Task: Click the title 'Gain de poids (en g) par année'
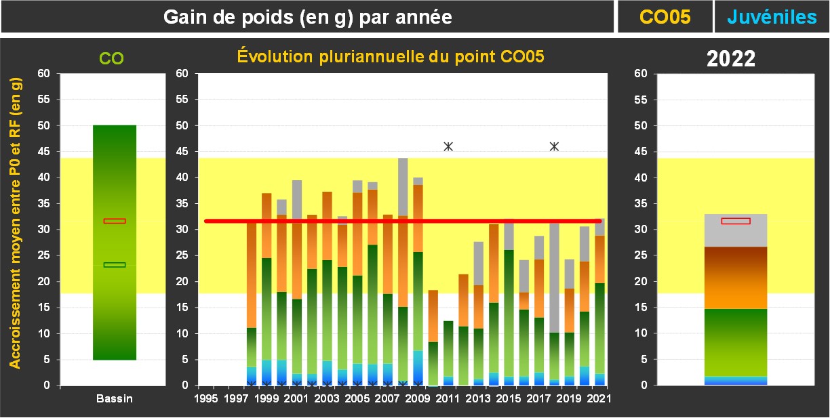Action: click(308, 17)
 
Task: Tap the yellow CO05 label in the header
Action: click(665, 17)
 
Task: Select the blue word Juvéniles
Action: click(772, 17)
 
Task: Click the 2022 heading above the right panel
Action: click(731, 59)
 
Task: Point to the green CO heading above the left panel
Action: click(112, 59)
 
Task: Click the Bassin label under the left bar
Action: click(114, 399)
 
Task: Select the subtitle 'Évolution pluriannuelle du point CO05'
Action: click(391, 57)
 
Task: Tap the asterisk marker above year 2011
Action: click(448, 146)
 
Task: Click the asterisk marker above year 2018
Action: click(554, 146)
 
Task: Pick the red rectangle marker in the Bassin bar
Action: click(115, 221)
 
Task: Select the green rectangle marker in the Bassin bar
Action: click(115, 265)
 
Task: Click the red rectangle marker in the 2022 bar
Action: click(736, 221)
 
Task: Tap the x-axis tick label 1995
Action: click(206, 399)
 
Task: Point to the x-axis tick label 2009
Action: click(418, 399)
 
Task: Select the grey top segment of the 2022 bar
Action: click(736, 234)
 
